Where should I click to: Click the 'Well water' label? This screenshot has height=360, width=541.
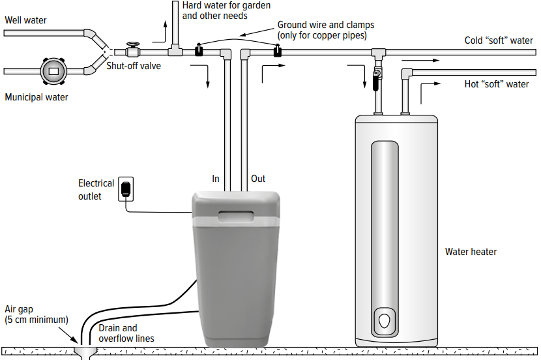26,20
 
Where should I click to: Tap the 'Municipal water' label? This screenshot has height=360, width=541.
37,97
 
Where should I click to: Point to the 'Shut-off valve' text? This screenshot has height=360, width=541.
134,65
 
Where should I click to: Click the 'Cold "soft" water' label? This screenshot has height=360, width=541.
499,40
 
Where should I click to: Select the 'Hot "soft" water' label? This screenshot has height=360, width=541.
496,84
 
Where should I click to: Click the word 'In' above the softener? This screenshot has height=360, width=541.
216,179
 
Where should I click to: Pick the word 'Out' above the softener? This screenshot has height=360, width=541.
258,179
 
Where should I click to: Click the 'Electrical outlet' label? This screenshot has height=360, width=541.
96,190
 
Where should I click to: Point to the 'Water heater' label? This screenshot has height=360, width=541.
471,251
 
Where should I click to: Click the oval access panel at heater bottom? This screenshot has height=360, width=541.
385,322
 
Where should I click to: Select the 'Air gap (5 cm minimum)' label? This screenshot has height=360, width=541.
36,314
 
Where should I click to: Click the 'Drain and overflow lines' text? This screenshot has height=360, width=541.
126,333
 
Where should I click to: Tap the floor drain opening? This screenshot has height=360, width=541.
84,353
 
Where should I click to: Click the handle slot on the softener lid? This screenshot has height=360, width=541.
237,215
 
